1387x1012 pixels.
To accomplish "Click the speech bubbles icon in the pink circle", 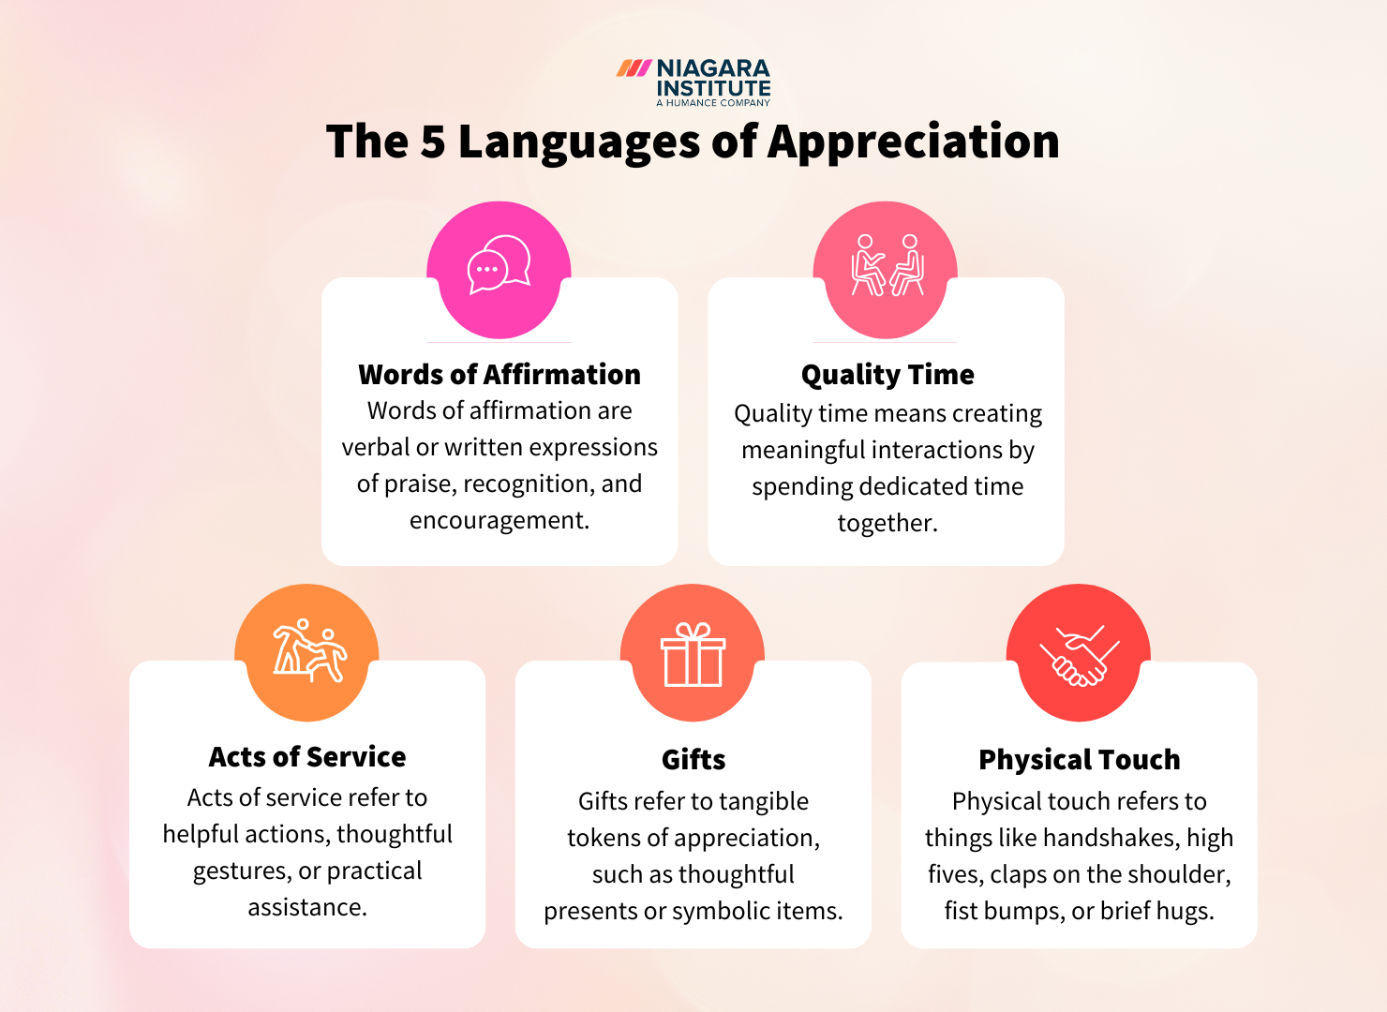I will coord(499,265).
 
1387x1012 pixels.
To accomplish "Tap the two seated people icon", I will coord(887,266).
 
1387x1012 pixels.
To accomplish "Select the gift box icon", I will coord(693,655).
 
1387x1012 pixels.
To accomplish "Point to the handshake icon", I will coord(1079,656).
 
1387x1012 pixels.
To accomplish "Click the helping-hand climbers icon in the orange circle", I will coord(307,650).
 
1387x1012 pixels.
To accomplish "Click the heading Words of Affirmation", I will coord(499,375).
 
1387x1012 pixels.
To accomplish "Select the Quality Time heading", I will coord(887,375).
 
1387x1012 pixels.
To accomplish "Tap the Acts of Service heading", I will coord(307,757).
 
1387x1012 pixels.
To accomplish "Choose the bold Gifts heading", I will coord(693,760).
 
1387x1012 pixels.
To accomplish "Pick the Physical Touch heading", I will coord(1079,760).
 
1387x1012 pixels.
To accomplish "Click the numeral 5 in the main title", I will coord(432,142).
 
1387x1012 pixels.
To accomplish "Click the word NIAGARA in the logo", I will coord(713,69).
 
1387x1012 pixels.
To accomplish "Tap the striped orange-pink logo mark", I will coord(634,68).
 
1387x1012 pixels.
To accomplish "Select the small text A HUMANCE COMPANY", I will coord(713,103).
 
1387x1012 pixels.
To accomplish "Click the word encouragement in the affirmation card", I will coord(499,520).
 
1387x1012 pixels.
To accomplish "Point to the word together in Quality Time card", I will coord(887,523).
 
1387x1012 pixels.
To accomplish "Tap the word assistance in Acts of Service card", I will coord(307,907).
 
